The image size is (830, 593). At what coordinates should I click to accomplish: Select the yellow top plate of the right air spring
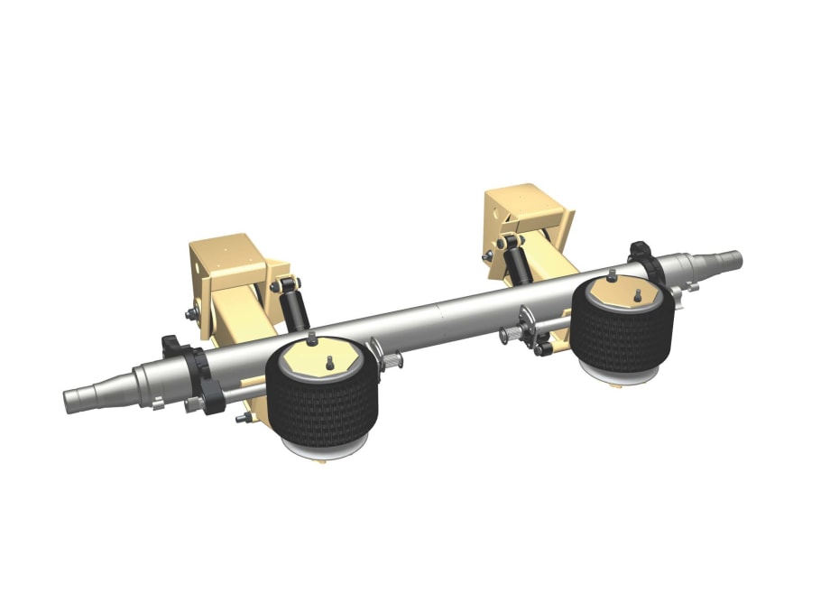point(623,294)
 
